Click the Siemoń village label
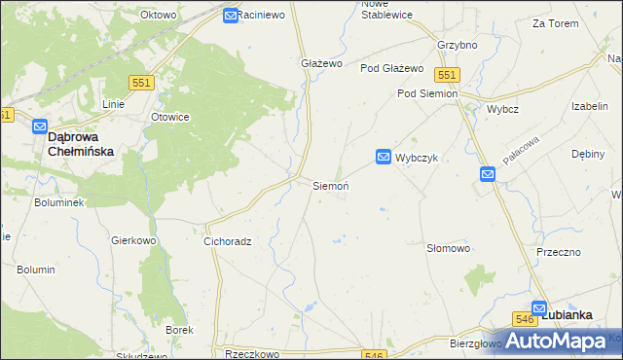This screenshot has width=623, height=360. pos(330,185)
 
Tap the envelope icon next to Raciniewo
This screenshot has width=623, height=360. pos(230,16)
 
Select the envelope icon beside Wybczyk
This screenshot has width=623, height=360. pos(384,157)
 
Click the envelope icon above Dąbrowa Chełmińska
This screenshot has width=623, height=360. pos(40,126)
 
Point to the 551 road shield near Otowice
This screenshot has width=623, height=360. pos(142,85)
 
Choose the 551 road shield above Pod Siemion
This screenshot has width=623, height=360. pos(447,75)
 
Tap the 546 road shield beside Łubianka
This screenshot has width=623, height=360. pos(526,318)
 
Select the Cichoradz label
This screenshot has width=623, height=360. pos(228,241)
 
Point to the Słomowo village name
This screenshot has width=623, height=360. pos(449,248)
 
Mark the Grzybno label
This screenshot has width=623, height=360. pos(457,45)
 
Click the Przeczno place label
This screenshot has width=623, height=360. pos(559,252)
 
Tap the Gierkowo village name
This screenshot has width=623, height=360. pos(134,239)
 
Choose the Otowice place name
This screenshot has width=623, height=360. pos(169,117)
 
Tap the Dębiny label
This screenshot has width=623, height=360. pos(588,154)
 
